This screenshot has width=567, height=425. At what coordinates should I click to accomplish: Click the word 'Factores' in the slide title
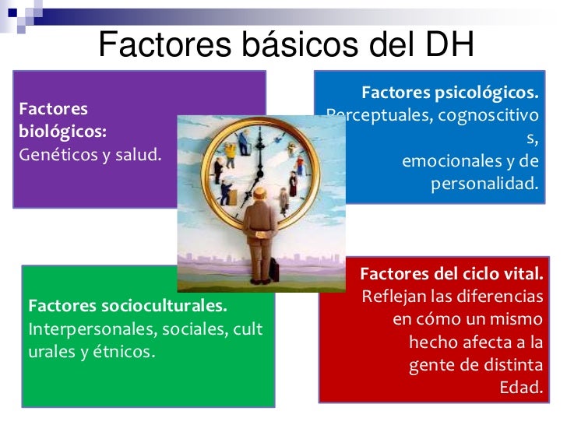tap(160, 46)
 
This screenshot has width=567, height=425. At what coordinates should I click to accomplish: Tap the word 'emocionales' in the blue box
tap(447, 162)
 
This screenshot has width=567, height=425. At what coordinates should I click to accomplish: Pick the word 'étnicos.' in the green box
tap(125, 351)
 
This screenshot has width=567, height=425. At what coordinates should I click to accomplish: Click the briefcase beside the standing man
tap(275, 270)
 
